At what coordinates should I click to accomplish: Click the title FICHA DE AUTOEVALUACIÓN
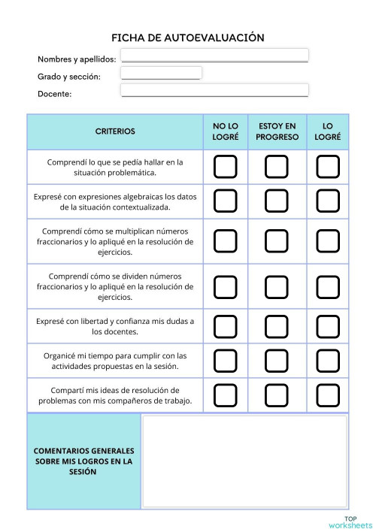[x=188, y=38]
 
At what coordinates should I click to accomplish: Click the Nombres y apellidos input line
[x=214, y=55]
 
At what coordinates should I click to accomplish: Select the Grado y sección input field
[x=161, y=73]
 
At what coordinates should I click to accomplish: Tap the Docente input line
[x=214, y=89]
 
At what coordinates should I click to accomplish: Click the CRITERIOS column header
[x=115, y=131]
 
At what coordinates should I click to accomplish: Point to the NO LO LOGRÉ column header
[x=225, y=131]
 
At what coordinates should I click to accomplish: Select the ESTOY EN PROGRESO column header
[x=277, y=131]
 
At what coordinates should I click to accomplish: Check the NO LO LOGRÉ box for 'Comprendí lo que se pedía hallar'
[x=225, y=167]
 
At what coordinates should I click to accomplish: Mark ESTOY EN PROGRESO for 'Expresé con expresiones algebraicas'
[x=277, y=201]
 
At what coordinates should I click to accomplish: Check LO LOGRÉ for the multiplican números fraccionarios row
[x=328, y=241]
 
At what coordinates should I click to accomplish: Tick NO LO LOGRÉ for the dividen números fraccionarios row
[x=225, y=286]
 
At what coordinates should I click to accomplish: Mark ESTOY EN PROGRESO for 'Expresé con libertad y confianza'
[x=277, y=326]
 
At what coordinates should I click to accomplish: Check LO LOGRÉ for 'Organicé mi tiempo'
[x=328, y=361]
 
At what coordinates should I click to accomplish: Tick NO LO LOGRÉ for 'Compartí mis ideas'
[x=225, y=395]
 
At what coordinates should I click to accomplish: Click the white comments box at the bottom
[x=244, y=461]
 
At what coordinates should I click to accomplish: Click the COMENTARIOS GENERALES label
[x=83, y=461]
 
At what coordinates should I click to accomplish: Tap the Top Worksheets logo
[x=350, y=522]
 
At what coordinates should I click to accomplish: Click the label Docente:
[x=55, y=94]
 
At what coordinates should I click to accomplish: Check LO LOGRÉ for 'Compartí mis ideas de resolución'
[x=328, y=395]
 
